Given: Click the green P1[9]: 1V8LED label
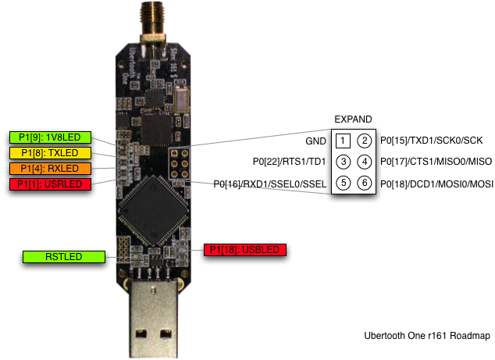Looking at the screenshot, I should point(50,137).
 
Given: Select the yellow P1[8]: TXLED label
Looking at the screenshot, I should point(50,152).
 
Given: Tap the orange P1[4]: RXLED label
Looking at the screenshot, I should point(50,168).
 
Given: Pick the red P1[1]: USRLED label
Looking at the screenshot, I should point(50,184).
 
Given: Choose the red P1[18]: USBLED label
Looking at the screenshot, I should point(245,250).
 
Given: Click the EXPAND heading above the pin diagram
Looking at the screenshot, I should point(353,119).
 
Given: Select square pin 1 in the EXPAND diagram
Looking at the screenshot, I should point(343,141).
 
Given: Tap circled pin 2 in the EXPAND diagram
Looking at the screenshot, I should point(365,141).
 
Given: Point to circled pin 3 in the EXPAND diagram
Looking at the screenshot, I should point(343,162).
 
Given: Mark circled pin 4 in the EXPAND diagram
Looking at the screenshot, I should point(365,162).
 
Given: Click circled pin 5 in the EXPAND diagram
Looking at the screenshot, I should point(343,184).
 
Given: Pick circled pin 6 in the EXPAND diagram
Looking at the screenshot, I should point(365,184).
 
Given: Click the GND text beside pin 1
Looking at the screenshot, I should point(317,141).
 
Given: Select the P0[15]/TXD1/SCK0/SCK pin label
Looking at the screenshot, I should point(432,141).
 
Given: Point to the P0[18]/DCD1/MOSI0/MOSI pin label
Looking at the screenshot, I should point(436,184).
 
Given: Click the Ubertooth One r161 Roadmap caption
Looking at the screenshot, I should point(426,336).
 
